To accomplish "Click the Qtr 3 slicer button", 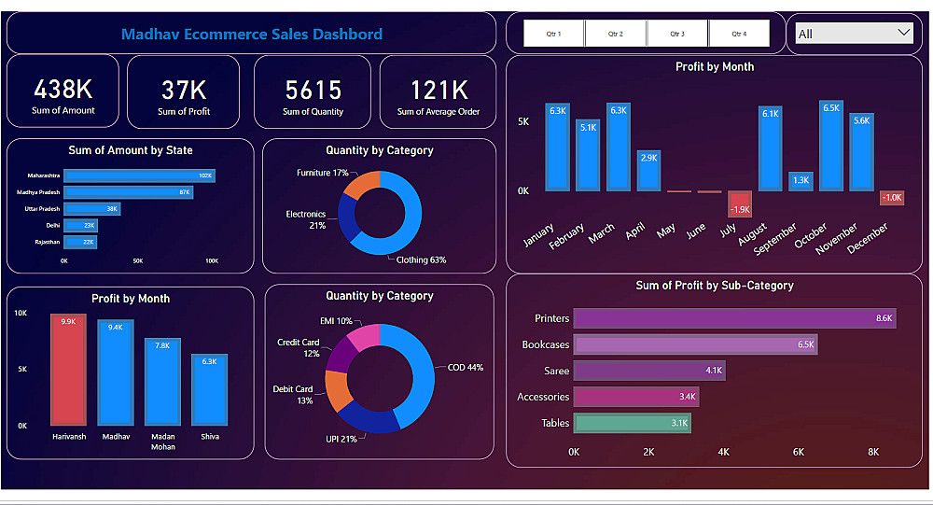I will tap(677, 34).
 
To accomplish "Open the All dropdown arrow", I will tap(903, 33).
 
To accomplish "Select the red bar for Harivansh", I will tap(68, 370).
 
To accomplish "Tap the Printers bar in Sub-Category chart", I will tap(734, 318).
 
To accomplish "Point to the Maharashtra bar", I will tap(139, 175).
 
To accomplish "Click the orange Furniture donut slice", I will tap(363, 184).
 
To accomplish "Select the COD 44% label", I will tap(466, 368).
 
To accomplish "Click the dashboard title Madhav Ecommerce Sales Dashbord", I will tap(252, 35).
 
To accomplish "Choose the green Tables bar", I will tap(632, 423).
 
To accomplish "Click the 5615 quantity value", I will tap(313, 90).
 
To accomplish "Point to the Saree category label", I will tap(556, 371).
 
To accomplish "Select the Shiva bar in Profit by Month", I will tap(210, 390).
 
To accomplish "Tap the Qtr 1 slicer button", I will tap(553, 34).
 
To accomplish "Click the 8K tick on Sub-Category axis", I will tap(873, 452).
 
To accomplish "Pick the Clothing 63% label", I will tap(421, 260).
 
